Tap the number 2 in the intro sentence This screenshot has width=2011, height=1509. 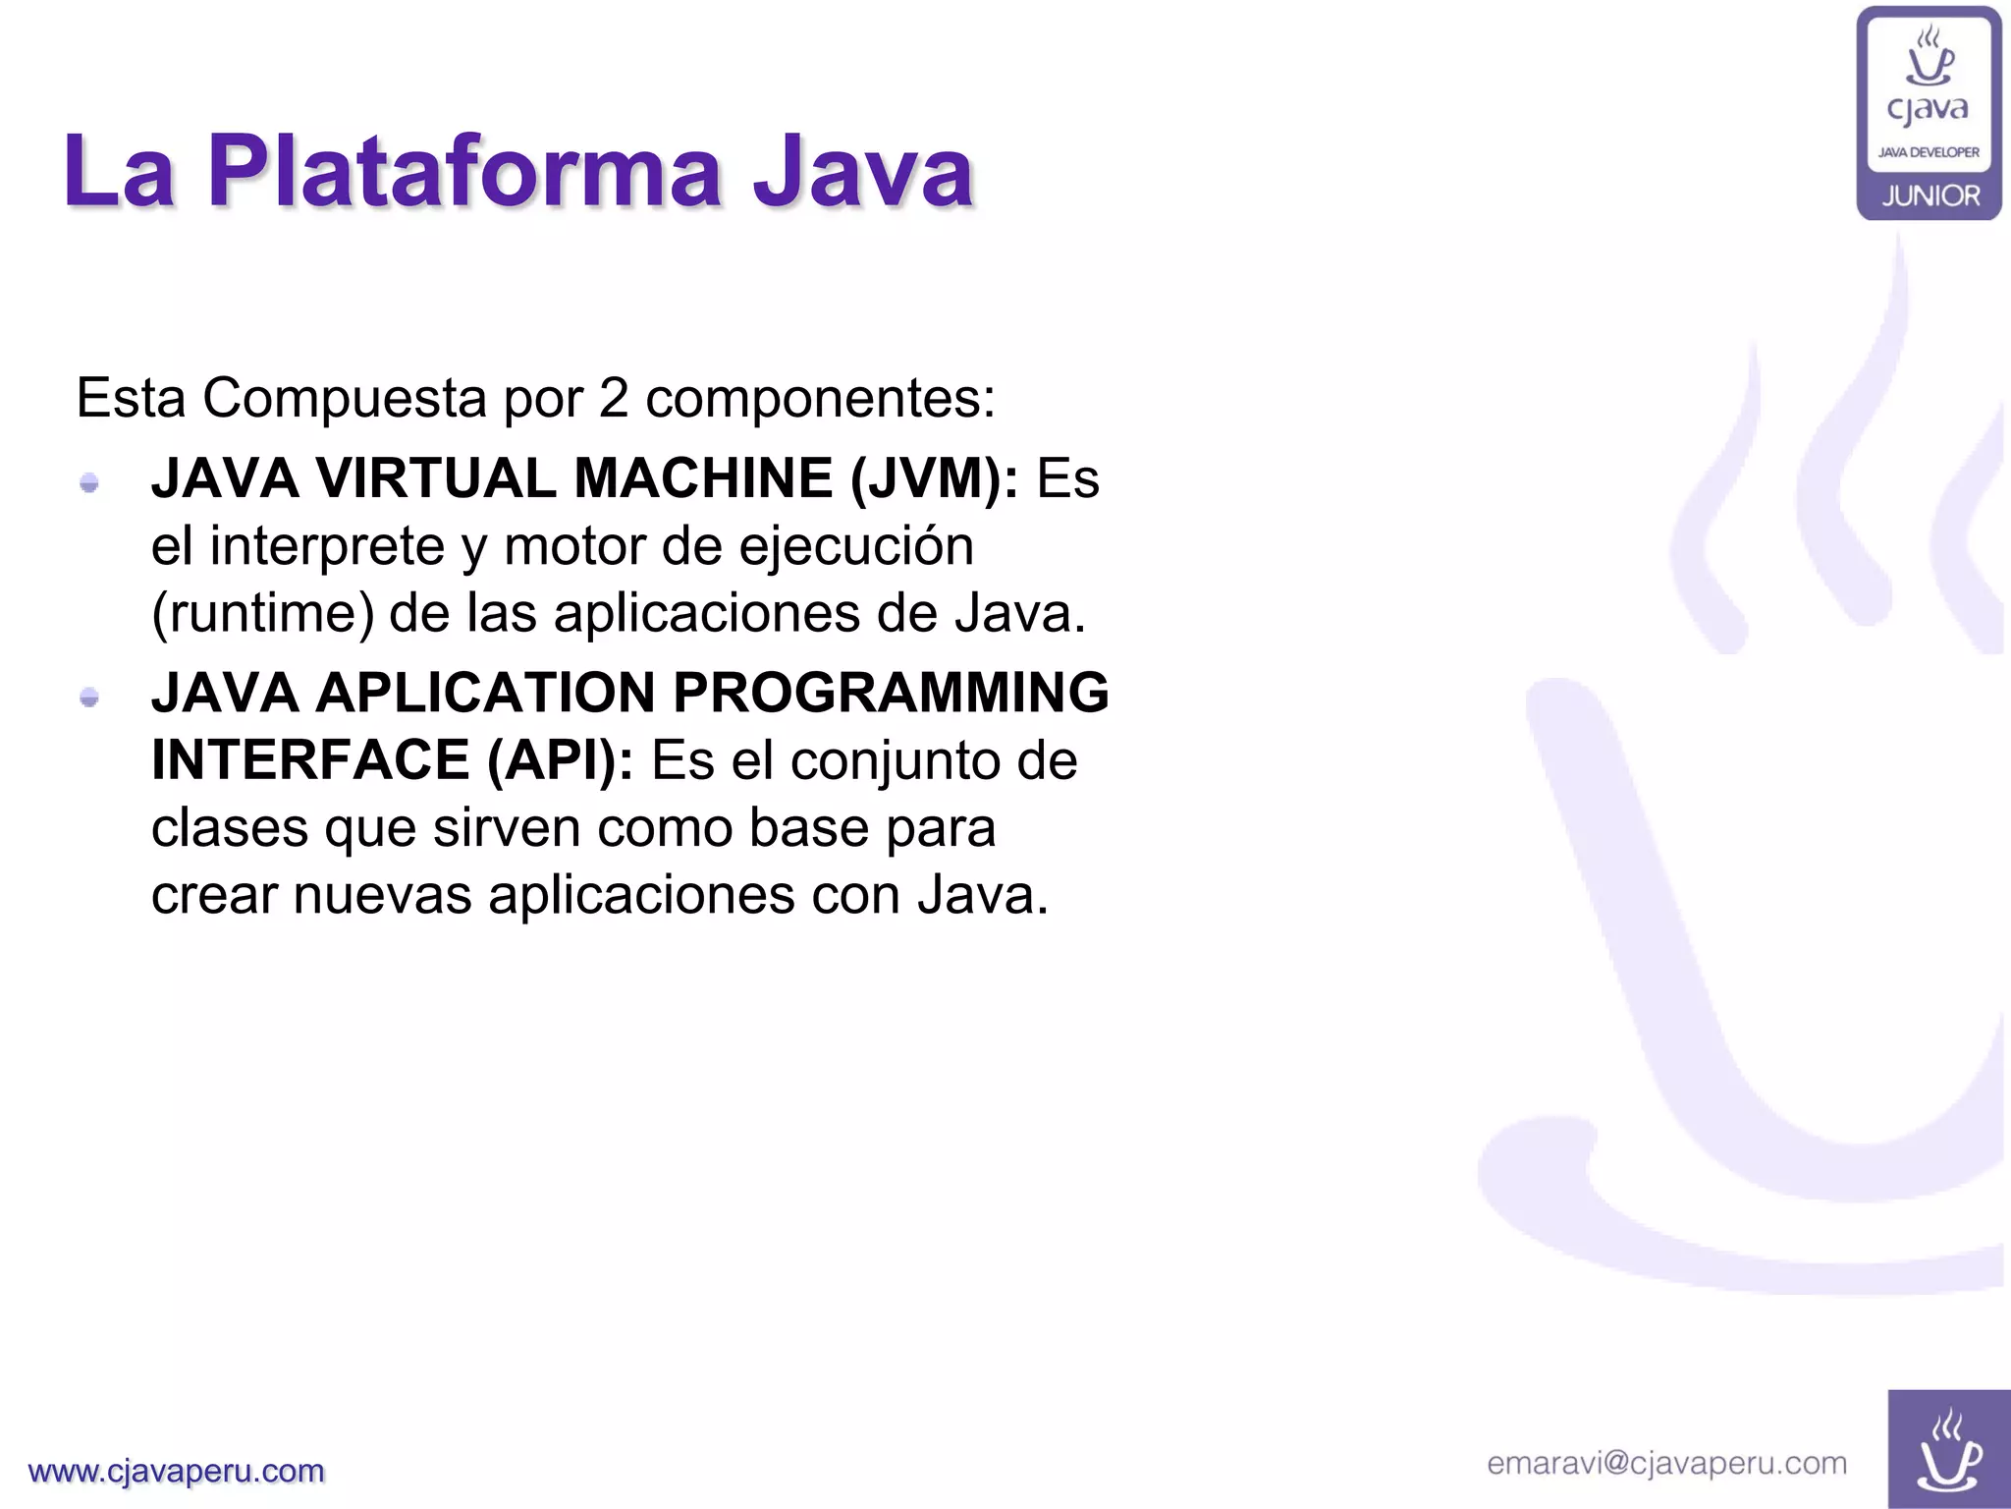coord(613,398)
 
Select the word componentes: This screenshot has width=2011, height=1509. coord(820,400)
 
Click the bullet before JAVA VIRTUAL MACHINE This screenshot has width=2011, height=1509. coord(89,482)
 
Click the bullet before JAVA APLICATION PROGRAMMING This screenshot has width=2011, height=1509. coord(89,698)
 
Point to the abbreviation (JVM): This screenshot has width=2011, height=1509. coord(934,479)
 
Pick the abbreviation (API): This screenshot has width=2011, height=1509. coord(561,760)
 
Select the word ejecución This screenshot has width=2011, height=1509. coord(856,546)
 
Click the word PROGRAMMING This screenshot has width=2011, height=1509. coord(891,693)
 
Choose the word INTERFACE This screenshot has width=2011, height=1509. coord(310,760)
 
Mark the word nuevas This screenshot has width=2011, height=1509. coord(382,895)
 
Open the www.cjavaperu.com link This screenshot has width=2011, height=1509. coord(177,1471)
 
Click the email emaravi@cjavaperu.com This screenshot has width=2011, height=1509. coord(1666,1464)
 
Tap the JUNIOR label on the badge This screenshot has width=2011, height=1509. coord(1930,196)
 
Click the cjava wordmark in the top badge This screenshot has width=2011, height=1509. coord(1928,109)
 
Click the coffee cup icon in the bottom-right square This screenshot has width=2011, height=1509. coord(1948,1451)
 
